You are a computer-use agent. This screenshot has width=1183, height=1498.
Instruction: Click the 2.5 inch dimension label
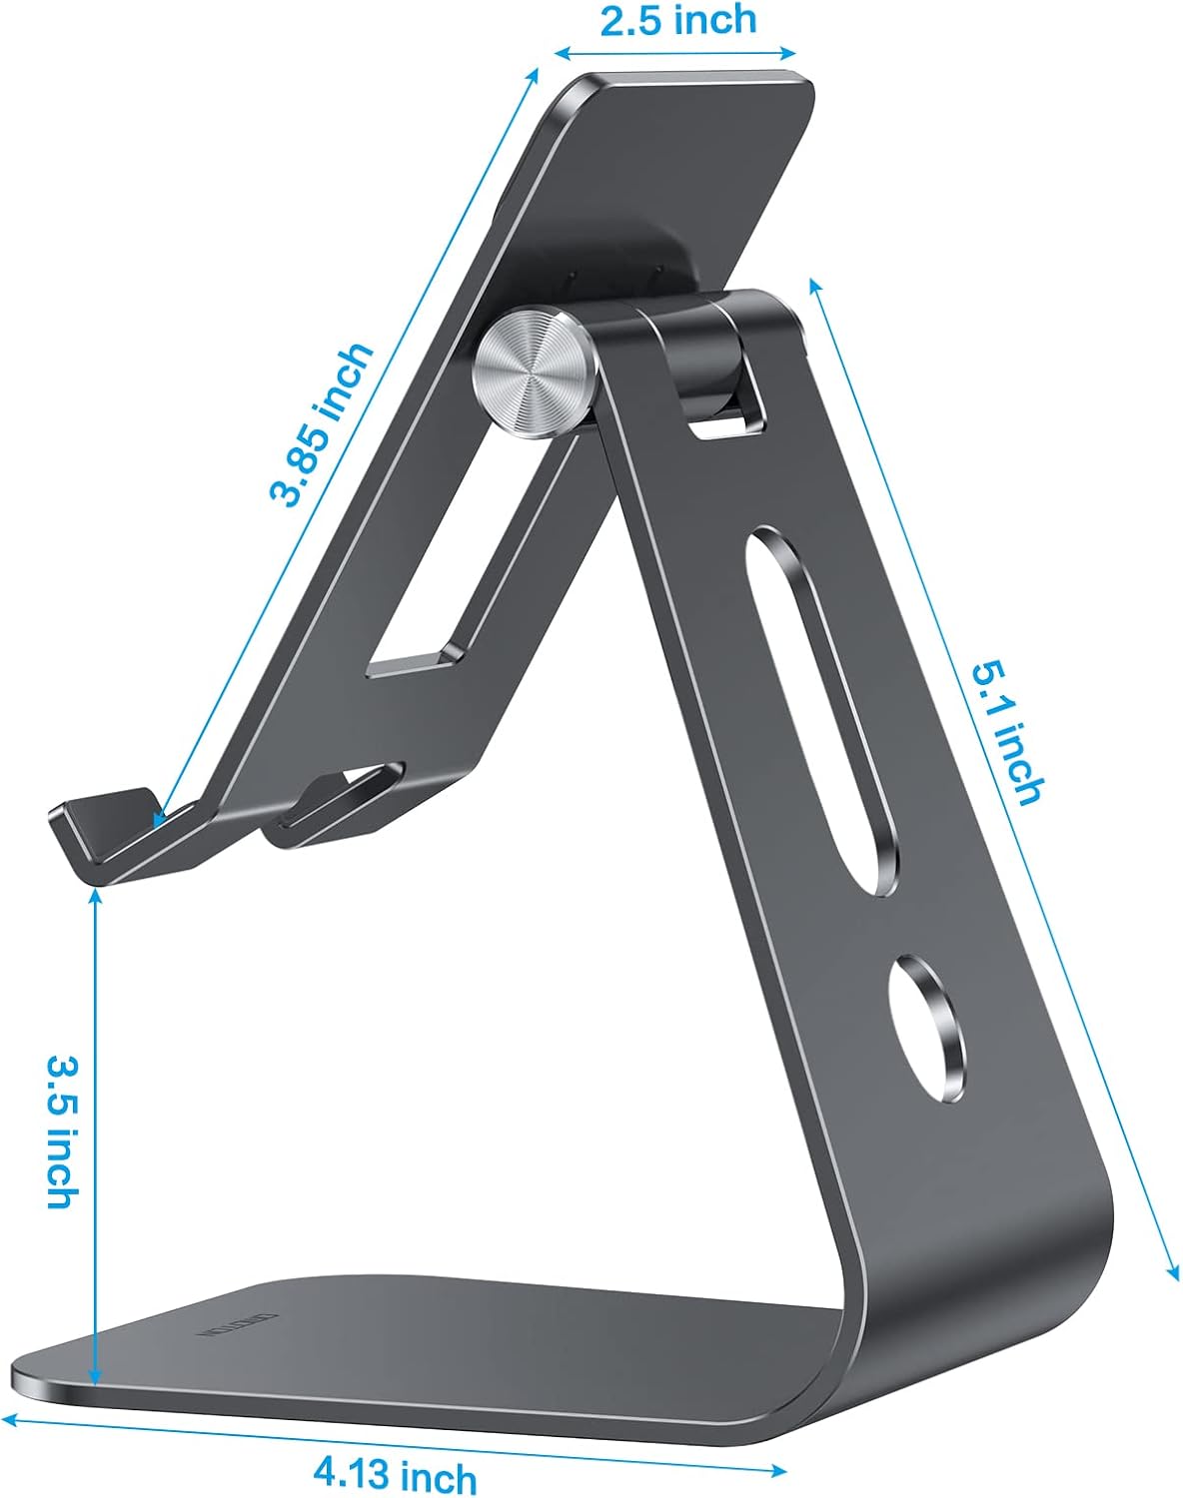pyautogui.click(x=677, y=20)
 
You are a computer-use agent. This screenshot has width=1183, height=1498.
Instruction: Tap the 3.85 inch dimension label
pyautogui.click(x=322, y=424)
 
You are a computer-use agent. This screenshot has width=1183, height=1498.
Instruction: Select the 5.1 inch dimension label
pyautogui.click(x=1009, y=733)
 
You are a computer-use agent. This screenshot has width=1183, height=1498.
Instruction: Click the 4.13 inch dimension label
pyautogui.click(x=395, y=1474)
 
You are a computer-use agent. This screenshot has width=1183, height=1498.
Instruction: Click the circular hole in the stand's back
pyautogui.click(x=929, y=1030)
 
